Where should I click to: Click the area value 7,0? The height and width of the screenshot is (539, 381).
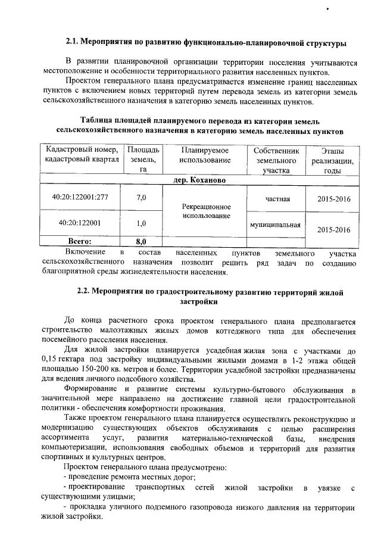[x=142, y=197]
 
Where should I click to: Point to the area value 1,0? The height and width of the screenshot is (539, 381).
[x=142, y=223]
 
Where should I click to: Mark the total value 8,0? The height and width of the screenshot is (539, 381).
[x=142, y=242]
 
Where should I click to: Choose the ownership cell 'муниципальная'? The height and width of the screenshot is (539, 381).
[x=276, y=225]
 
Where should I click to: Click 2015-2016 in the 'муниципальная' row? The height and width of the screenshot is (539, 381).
[x=333, y=229]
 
